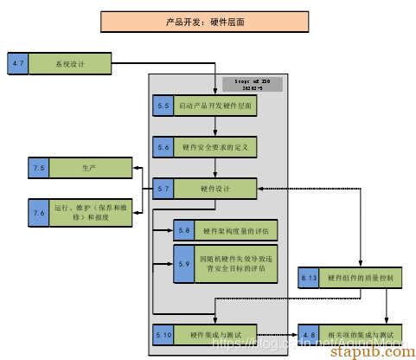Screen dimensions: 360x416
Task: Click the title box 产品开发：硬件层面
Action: pyautogui.click(x=207, y=21)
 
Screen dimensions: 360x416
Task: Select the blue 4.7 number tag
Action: pyautogui.click(x=18, y=63)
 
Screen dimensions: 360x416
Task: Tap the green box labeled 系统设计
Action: pyautogui.click(x=71, y=63)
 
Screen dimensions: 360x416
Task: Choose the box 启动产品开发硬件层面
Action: pyautogui.click(x=216, y=106)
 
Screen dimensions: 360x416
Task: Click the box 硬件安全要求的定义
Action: pyautogui.click(x=216, y=147)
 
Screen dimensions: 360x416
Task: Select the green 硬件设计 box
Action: pyautogui.click(x=216, y=188)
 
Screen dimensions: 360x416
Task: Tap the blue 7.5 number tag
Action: pyautogui.click(x=39, y=168)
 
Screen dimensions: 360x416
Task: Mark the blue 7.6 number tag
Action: pyautogui.click(x=39, y=212)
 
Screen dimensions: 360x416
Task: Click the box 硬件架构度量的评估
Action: pyautogui.click(x=235, y=230)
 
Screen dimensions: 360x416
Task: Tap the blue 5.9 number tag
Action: pyautogui.click(x=184, y=263)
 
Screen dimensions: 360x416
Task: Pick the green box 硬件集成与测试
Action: pyautogui.click(x=216, y=333)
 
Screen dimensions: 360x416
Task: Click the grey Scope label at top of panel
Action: pyautogui.click(x=252, y=84)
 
